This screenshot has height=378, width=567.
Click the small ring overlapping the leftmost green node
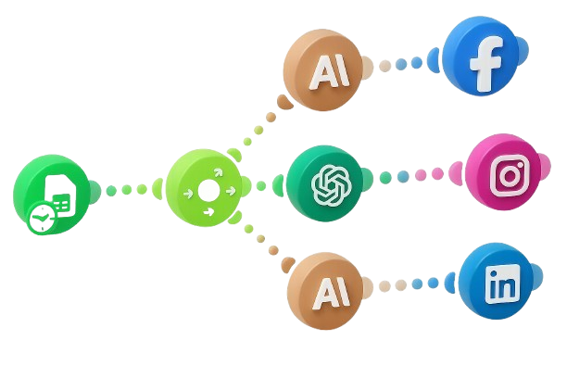[40, 219]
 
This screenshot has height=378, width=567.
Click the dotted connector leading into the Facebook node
[406, 64]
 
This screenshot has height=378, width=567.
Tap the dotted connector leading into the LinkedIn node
[412, 284]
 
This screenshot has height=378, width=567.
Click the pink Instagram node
[504, 172]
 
